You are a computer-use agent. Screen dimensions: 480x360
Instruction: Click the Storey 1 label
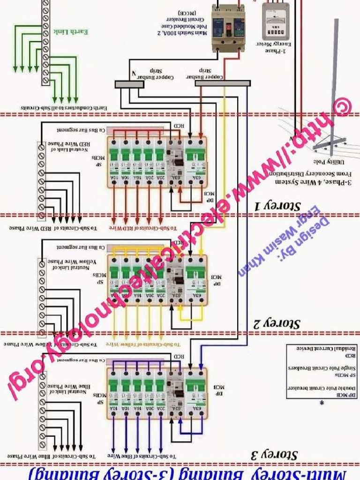(x=277, y=205)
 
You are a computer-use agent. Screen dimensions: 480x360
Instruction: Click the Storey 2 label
(x=277, y=323)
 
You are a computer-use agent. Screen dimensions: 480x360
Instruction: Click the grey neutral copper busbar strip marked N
(x=129, y=84)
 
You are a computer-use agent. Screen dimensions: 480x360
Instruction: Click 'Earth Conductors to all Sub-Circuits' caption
(x=64, y=108)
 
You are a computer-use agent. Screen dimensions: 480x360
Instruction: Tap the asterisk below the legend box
(x=322, y=403)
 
